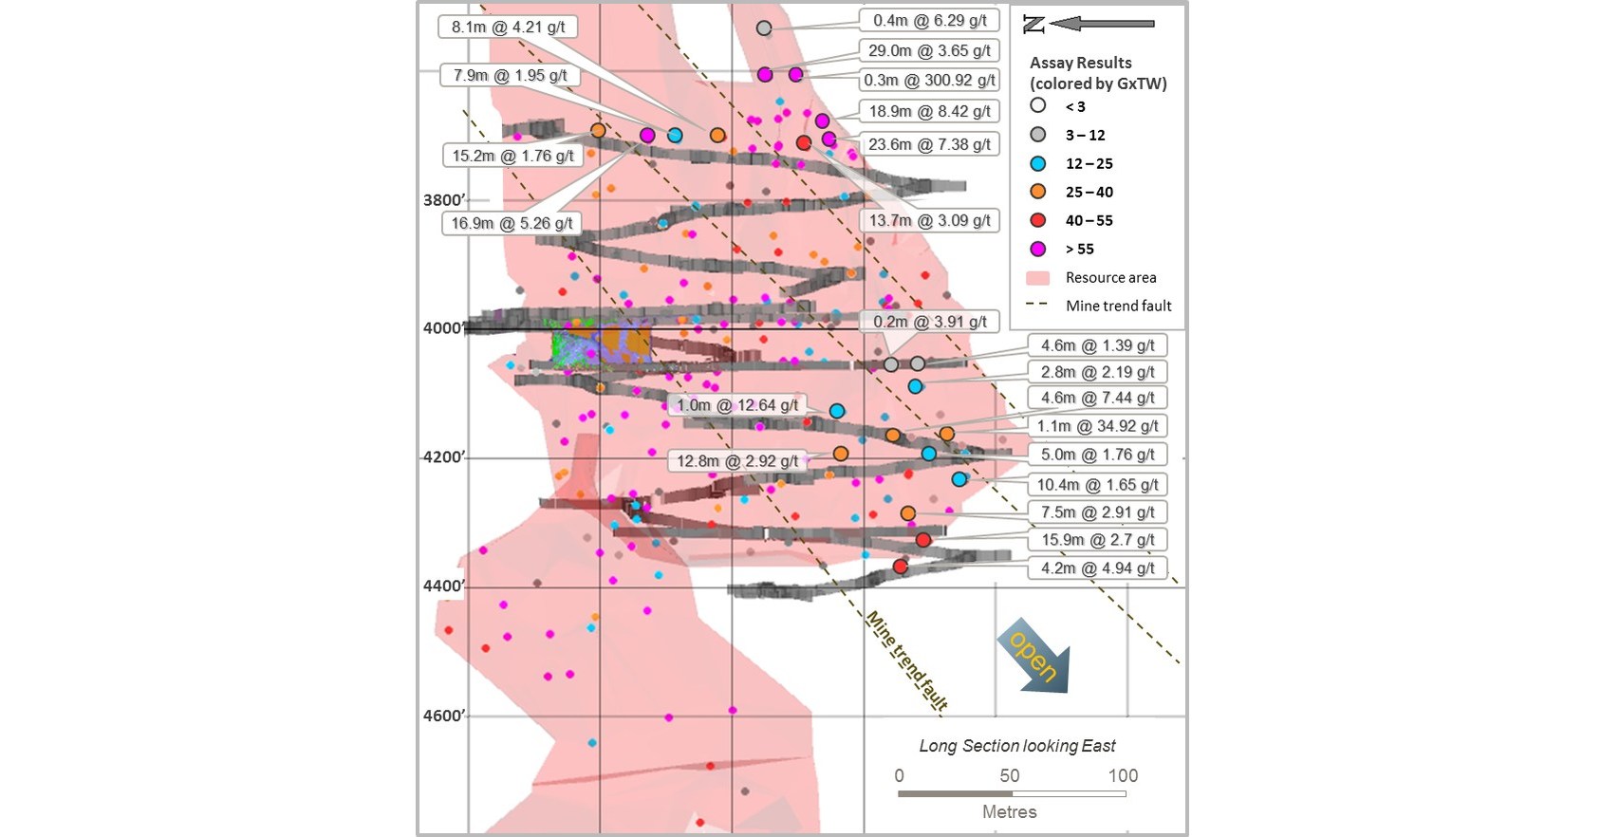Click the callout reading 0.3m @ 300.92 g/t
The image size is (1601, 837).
coord(928,81)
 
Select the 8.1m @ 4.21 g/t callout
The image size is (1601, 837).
coord(508,27)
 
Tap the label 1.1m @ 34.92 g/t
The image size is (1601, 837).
coord(1097,426)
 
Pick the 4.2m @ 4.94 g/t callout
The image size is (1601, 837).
coord(1097,568)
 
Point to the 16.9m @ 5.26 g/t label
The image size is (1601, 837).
coord(512,224)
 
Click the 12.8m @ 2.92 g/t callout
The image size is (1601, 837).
coord(736,461)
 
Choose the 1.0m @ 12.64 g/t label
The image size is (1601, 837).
coord(736,405)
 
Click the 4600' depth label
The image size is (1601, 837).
coord(444,716)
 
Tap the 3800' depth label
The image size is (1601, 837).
coord(444,200)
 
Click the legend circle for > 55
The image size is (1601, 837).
coord(1038,249)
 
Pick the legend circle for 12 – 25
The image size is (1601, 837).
coord(1038,163)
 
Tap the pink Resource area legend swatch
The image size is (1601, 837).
coord(1038,278)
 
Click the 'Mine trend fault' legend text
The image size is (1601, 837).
coord(1118,306)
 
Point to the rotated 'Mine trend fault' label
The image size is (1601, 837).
coord(906,660)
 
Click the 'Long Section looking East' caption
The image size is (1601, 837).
coord(1016,746)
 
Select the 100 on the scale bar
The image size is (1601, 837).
coord(1123,775)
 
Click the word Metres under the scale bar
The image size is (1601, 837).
coord(1009,811)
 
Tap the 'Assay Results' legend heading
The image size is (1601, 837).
coord(1080,63)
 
